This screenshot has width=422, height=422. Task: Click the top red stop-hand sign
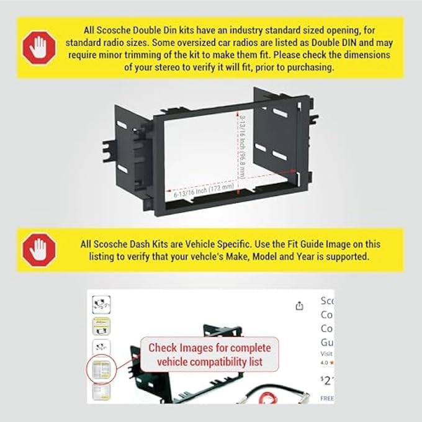(x=38, y=47)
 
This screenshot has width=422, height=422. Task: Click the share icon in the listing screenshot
(x=300, y=305)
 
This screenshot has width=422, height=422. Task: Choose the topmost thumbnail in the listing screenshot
(x=101, y=303)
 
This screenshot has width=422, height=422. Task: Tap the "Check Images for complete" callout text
(x=210, y=348)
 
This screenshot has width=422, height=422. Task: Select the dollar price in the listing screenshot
(x=326, y=380)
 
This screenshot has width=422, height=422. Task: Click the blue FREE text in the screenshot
(x=326, y=398)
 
